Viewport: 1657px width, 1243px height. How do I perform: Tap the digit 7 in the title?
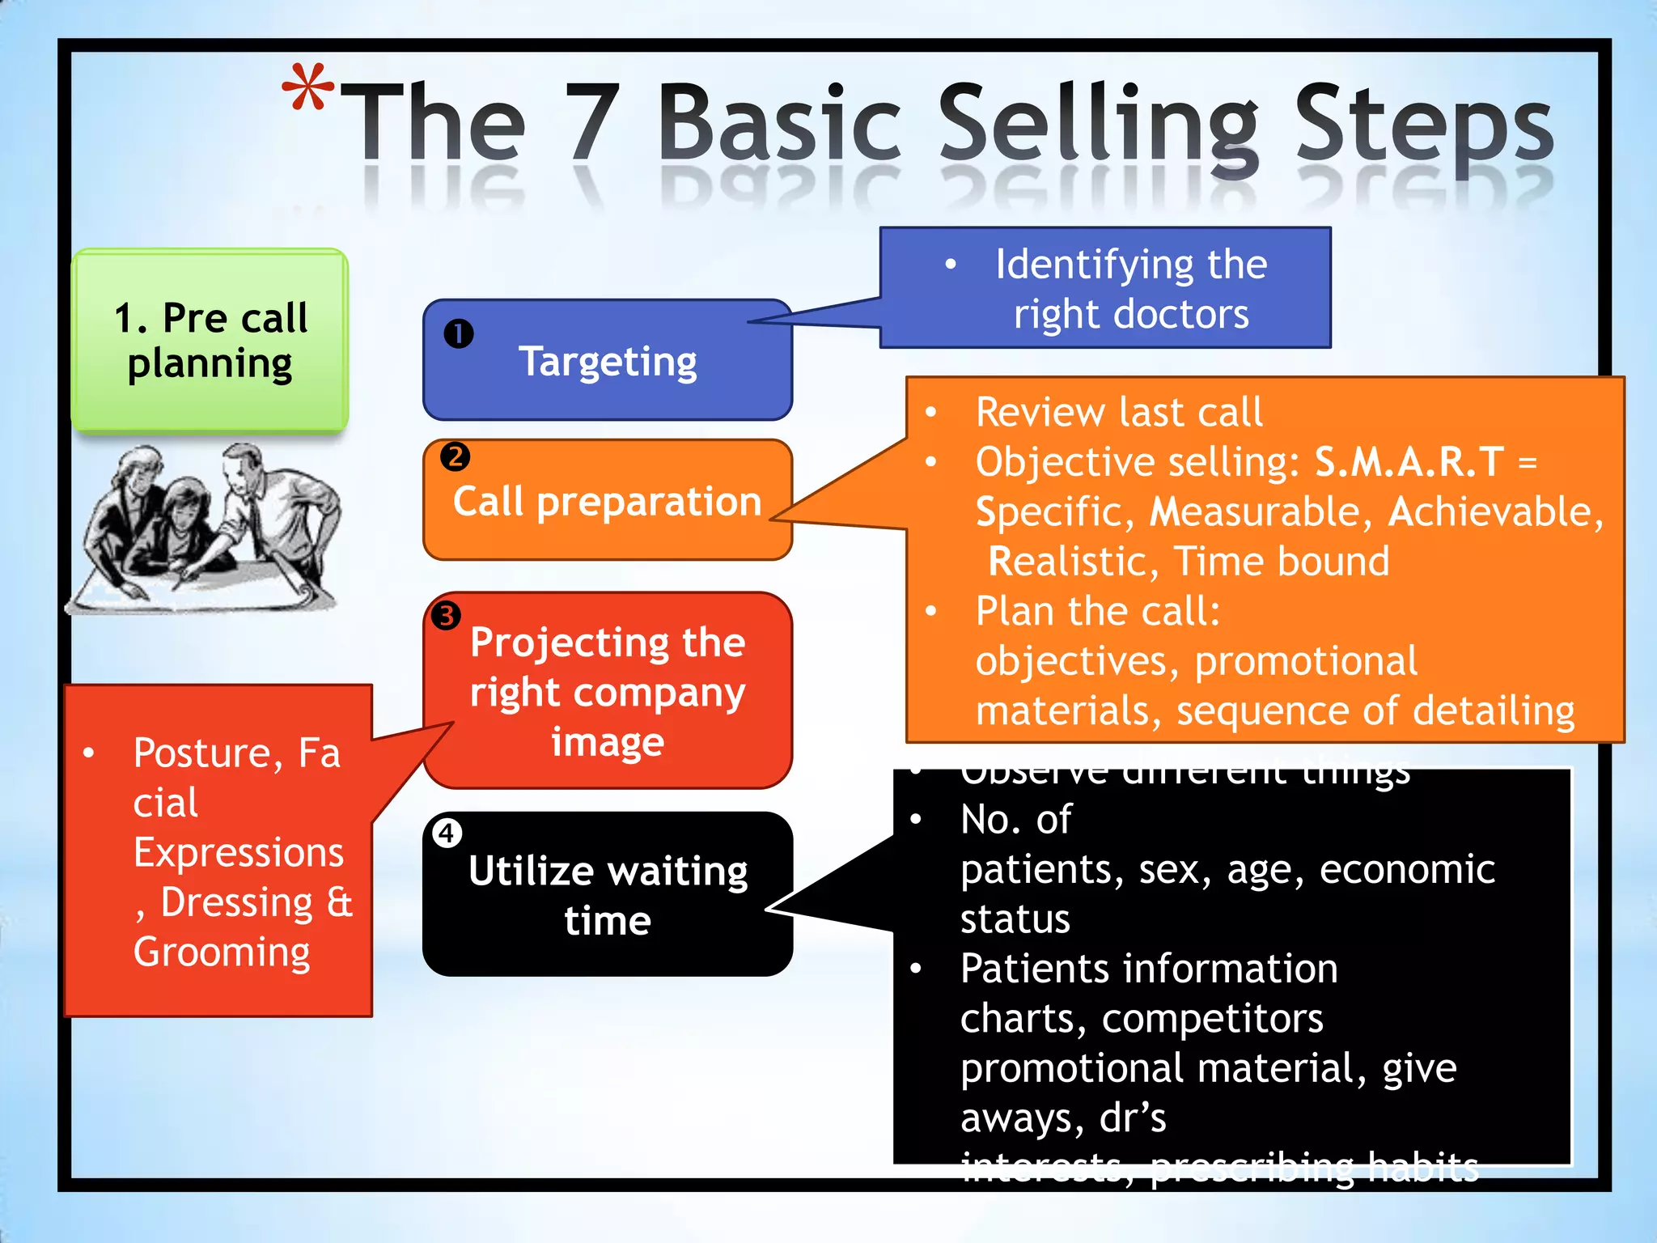tap(592, 124)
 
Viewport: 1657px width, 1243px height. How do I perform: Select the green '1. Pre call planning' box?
tap(210, 340)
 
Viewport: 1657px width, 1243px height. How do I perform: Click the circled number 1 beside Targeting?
tap(458, 333)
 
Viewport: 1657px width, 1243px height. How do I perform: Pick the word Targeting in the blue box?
tap(608, 362)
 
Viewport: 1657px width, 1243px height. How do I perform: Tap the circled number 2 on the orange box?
tap(455, 457)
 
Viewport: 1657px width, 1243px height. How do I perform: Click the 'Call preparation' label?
tap(608, 502)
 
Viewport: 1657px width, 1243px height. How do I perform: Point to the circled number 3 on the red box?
tap(445, 616)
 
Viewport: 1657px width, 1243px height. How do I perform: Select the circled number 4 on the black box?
tap(446, 833)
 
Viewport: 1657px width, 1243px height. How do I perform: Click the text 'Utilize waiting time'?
tap(608, 895)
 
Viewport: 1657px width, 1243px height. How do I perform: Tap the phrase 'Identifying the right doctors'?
tap(1131, 289)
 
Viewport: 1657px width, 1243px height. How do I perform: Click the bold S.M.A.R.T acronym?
tap(1409, 462)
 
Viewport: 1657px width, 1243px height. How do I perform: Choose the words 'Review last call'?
tap(1119, 413)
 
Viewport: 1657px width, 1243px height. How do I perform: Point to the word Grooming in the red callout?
tap(222, 952)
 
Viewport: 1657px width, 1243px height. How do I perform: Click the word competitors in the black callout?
tap(1212, 1019)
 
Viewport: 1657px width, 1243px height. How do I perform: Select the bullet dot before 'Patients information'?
tap(916, 969)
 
